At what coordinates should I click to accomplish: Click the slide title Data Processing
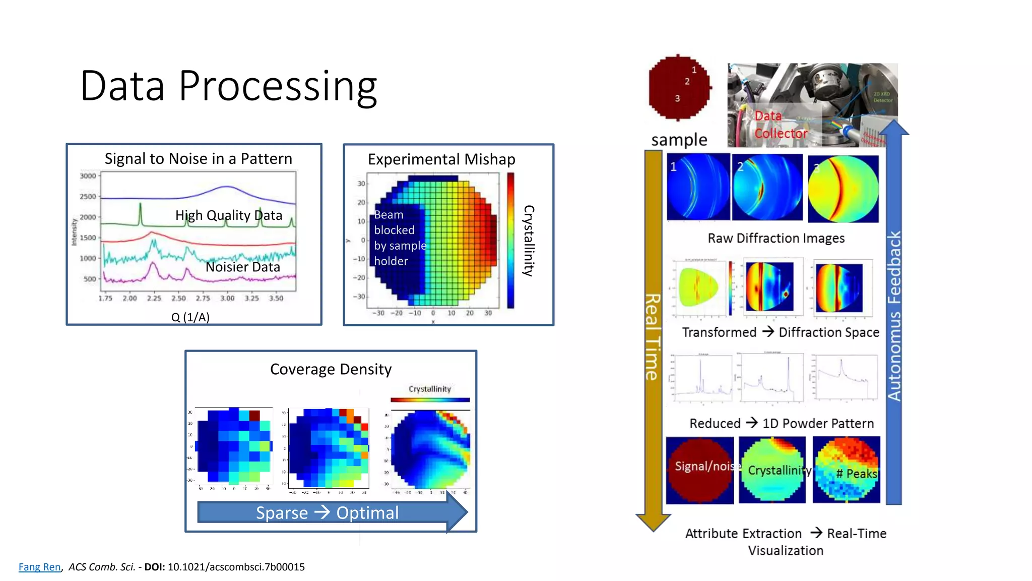[x=228, y=86]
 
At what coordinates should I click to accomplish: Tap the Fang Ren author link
[x=39, y=567]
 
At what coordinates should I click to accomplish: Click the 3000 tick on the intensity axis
[x=88, y=176]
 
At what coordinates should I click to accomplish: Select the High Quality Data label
[x=228, y=215]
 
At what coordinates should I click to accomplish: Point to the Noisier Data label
[x=242, y=267]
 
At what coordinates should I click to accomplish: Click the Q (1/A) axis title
[x=190, y=317]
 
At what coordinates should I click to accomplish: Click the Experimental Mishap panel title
[x=441, y=159]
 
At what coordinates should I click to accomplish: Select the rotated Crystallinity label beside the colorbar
[x=528, y=241]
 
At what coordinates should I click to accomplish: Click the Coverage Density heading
[x=331, y=369]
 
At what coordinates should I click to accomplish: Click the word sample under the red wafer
[x=679, y=140]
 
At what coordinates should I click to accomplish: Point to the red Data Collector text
[x=780, y=125]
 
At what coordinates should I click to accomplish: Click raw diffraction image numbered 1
[x=698, y=187]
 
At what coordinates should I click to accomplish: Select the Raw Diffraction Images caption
[x=776, y=238]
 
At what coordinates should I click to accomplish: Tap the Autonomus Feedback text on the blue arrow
[x=894, y=316]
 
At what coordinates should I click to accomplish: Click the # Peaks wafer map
[x=847, y=470]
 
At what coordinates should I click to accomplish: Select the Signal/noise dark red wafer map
[x=699, y=470]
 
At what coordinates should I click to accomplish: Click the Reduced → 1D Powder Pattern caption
[x=781, y=423]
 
